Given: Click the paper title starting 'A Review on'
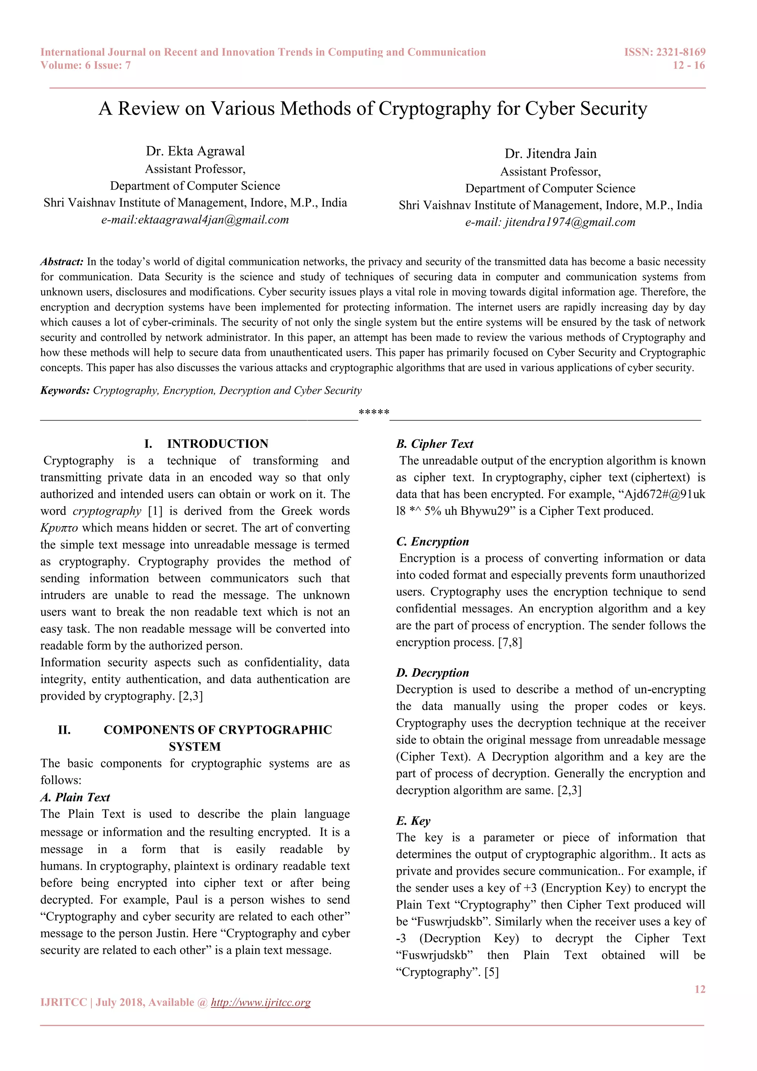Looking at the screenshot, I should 373,109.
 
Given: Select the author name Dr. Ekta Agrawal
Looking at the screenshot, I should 195,151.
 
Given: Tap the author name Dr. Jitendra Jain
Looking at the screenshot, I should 550,154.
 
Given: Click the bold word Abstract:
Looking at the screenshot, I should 61,262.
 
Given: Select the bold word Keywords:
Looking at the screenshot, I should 65,391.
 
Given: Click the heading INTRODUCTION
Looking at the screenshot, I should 218,444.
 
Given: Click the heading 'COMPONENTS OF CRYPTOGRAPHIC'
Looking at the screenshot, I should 218,730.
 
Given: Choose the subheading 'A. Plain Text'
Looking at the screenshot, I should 75,797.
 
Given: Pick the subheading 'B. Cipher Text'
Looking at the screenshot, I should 434,444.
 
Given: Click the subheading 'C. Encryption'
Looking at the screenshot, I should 432,541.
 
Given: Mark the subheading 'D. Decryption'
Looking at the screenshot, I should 432,673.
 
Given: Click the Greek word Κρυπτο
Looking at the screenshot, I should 59,528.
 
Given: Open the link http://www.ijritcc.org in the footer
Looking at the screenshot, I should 261,1003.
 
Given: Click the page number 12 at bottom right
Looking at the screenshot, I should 700,989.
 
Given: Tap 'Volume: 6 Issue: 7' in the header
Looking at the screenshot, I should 85,65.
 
